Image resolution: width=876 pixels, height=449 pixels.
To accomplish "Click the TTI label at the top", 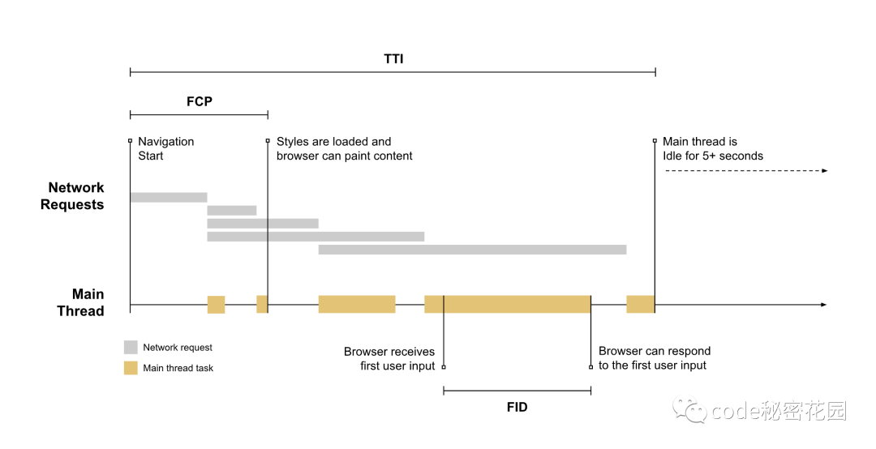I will (x=393, y=59).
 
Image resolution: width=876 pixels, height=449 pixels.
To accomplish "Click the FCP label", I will (x=199, y=101).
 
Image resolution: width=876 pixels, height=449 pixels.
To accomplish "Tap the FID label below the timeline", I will (x=517, y=407).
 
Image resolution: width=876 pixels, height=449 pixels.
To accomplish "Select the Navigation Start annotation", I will (x=165, y=148).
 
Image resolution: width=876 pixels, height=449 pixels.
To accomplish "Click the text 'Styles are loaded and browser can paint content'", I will (x=344, y=148).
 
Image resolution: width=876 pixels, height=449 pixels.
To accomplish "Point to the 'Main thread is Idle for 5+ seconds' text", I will (x=712, y=148).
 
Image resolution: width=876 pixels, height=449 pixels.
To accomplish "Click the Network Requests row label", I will (x=72, y=196).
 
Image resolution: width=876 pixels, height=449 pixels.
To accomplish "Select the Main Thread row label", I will (x=80, y=302).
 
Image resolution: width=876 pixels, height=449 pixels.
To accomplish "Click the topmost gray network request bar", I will (x=168, y=197).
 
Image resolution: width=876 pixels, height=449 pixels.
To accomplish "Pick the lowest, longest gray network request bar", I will (x=472, y=250).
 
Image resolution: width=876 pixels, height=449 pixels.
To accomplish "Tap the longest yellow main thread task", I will (x=507, y=304).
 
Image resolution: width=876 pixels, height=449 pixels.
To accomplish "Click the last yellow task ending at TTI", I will (x=640, y=304).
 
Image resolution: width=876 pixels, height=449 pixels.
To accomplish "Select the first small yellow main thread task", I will (x=216, y=304).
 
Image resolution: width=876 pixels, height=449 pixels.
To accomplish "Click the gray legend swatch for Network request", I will (x=131, y=347).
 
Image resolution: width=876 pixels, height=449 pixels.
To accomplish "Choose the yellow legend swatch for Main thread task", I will (x=131, y=368).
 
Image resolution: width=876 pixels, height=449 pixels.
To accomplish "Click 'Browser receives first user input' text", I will (x=390, y=358).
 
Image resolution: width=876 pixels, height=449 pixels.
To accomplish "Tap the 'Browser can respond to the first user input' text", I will (x=654, y=358).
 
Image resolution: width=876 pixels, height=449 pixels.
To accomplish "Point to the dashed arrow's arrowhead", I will (x=824, y=170).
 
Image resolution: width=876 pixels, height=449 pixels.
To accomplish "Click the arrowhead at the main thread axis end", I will (x=823, y=305).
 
